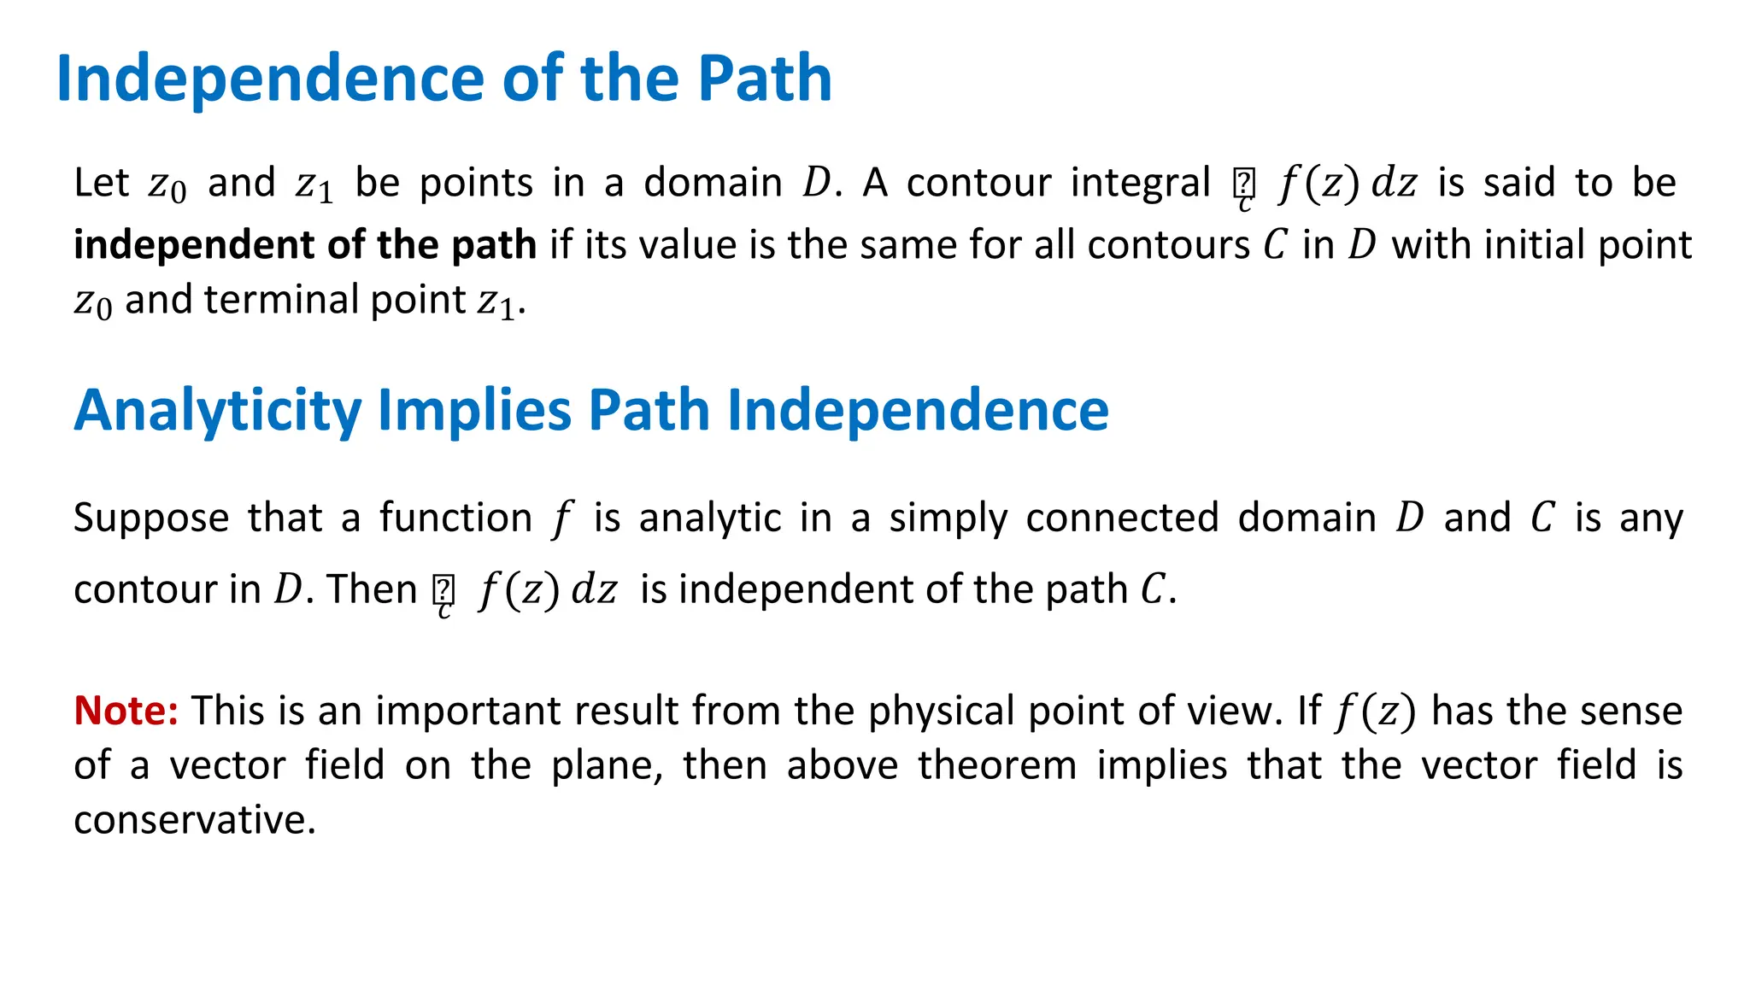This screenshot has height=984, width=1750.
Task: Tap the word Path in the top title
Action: click(x=765, y=79)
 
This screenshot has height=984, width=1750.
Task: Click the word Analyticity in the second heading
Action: click(x=218, y=411)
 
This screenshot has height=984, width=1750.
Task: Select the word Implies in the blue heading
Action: click(x=474, y=411)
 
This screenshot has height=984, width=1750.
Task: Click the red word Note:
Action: click(x=126, y=711)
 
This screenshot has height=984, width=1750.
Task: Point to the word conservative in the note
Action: click(x=195, y=820)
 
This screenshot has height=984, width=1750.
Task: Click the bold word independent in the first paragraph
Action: click(x=191, y=245)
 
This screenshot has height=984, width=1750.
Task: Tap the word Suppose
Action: click(x=151, y=518)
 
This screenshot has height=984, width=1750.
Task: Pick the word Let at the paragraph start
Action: click(x=101, y=183)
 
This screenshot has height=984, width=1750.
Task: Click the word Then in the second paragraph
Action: click(x=372, y=589)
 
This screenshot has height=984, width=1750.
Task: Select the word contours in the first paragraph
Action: click(x=1168, y=245)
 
